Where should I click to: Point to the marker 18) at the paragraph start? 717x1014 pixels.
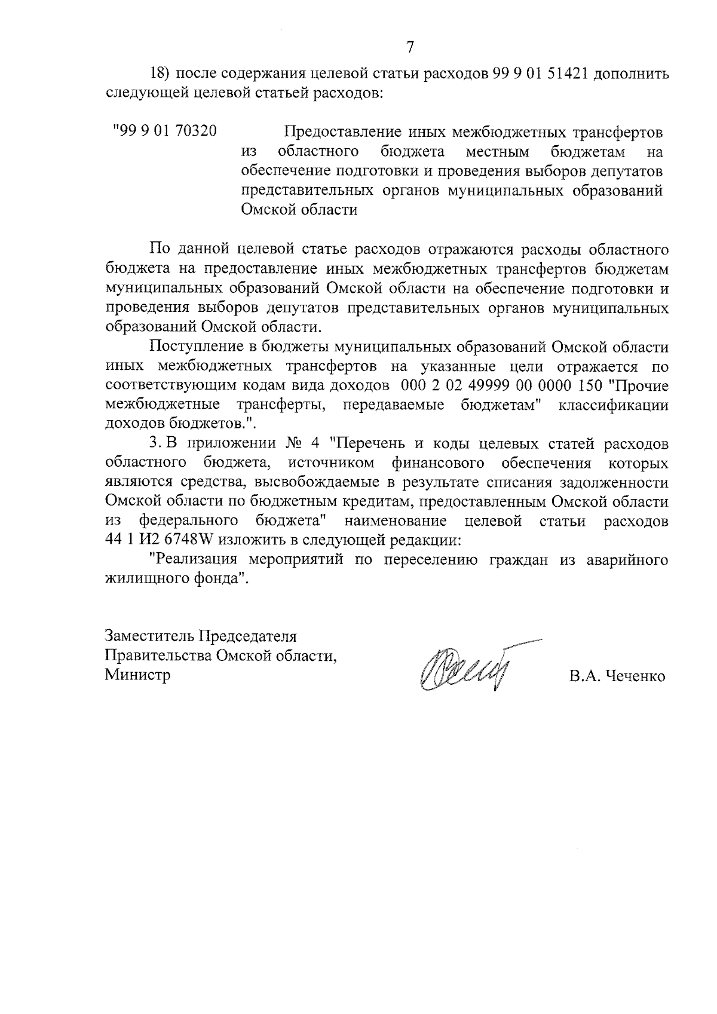point(160,75)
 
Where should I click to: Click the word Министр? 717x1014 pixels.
point(137,675)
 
